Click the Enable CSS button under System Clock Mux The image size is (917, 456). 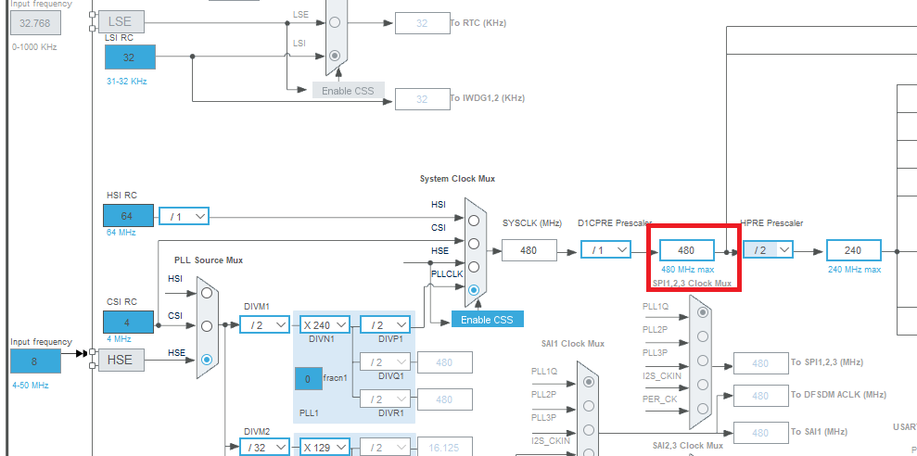coord(488,319)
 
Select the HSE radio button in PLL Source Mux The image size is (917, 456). coord(206,359)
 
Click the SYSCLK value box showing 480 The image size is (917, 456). coord(529,250)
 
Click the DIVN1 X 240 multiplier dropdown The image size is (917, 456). coord(324,324)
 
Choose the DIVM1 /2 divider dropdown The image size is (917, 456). coord(264,324)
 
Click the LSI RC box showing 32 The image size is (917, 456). coord(129,57)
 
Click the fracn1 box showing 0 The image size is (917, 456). coord(308,379)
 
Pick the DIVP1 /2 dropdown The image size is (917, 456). coord(384,324)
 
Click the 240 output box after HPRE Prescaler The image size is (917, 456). coord(853,250)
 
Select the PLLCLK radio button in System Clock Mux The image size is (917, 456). coord(475,290)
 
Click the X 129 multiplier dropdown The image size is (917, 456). coord(324,447)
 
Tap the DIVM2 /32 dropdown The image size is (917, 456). coord(264,447)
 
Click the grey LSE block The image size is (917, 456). coord(121,20)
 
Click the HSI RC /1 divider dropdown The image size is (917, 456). coord(184,216)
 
